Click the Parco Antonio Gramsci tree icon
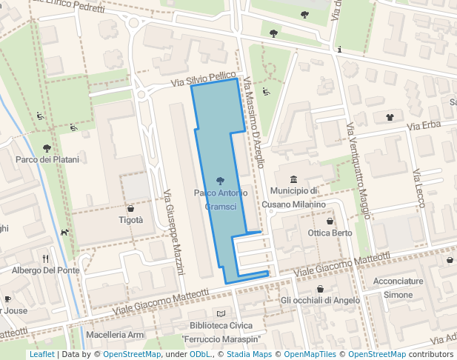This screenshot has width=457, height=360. tap(220, 180)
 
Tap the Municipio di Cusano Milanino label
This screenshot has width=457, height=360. tap(294, 198)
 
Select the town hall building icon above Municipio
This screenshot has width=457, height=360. tap(294, 180)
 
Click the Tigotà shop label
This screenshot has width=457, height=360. tap(131, 220)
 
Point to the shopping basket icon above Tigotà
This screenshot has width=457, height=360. tap(131, 208)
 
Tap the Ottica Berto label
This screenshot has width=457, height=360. tap(330, 233)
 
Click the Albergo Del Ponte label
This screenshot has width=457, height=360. tap(45, 270)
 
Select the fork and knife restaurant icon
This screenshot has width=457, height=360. tap(46, 259)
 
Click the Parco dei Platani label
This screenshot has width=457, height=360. tap(47, 159)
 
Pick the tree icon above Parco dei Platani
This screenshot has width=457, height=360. tap(47, 148)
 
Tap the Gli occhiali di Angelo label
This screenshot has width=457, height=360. tap(320, 300)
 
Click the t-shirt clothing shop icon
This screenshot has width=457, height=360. tap(390, 116)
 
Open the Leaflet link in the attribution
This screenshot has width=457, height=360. tap(41, 354)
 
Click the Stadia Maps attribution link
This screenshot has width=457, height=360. tap(249, 354)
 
